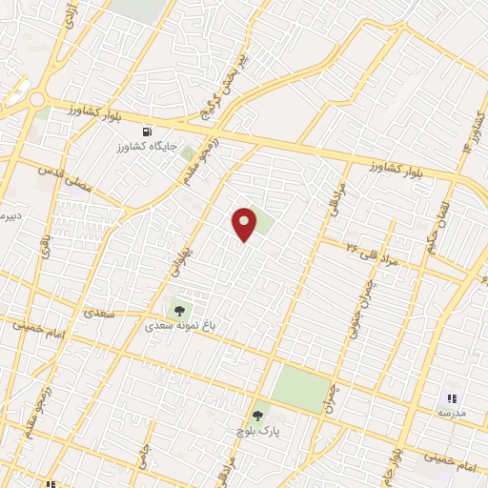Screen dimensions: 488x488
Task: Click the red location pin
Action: pos(245,223)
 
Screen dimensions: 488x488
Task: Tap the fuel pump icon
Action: pos(146,132)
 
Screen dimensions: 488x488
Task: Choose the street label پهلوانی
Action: pos(180,256)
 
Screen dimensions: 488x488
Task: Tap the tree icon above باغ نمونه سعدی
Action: pos(180,309)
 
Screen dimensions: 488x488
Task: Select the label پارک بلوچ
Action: pos(258,431)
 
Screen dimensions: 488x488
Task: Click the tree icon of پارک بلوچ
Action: pos(257,415)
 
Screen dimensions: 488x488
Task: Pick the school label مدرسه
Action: pos(451,414)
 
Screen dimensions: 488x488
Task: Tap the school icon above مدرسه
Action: pos(451,398)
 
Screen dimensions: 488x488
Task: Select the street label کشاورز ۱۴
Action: pos(471,133)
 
